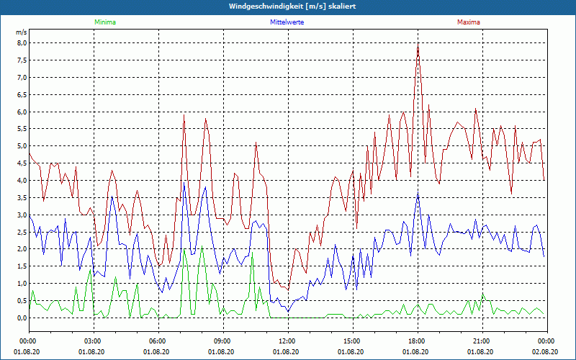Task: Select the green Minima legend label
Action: click(104, 22)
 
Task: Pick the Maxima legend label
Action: click(468, 22)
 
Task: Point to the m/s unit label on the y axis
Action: click(21, 32)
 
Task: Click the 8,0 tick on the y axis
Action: click(21, 42)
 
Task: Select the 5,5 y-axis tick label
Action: click(21, 129)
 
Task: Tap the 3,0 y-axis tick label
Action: click(21, 215)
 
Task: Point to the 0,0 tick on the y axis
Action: click(21, 318)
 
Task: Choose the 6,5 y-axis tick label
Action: click(21, 94)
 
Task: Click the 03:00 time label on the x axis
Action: click(93, 341)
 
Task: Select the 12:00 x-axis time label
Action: click(287, 341)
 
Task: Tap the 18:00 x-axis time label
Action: click(417, 341)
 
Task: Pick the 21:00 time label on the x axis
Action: click(482, 341)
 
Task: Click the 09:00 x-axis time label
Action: click(222, 341)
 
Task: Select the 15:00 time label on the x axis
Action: click(352, 341)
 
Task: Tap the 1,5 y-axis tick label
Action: click(21, 266)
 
